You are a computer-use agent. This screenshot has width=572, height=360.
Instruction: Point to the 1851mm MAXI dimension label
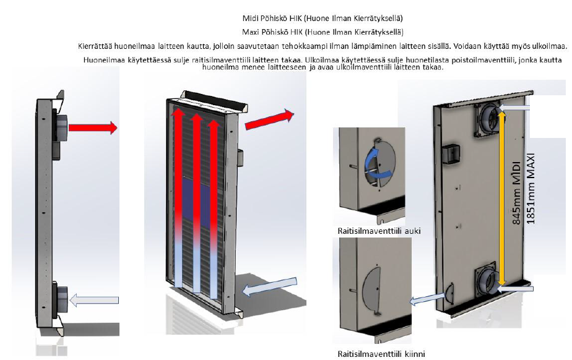coord(531,189)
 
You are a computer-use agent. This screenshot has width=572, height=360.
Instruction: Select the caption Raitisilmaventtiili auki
coord(379,231)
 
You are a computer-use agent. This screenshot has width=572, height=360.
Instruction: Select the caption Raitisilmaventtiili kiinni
coord(381,354)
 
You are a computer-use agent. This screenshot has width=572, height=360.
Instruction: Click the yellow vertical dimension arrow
coord(502,198)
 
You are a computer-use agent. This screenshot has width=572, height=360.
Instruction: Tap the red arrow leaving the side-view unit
coord(93,128)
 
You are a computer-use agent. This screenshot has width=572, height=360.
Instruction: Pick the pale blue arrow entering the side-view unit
coord(93,300)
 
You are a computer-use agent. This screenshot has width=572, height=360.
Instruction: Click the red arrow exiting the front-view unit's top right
coord(269,119)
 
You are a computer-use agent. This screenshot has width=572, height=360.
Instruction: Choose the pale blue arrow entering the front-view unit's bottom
coord(270,286)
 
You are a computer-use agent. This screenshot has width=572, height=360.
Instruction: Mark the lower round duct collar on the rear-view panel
coord(487,278)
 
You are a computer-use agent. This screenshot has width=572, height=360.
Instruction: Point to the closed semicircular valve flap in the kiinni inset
coord(372,289)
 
